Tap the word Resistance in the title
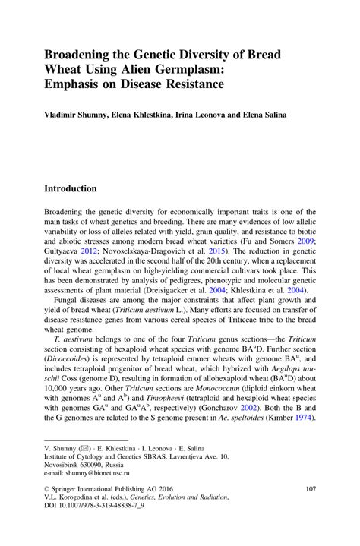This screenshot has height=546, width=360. pyautogui.click(x=189, y=84)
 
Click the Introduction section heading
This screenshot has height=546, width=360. pyautogui.click(x=81, y=188)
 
